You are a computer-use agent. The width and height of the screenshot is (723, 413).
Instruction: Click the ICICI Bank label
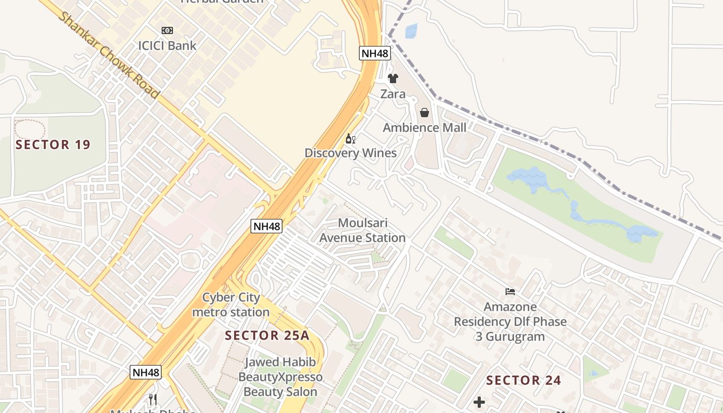pos(167,45)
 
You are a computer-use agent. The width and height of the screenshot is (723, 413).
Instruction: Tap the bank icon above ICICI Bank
pos(167,30)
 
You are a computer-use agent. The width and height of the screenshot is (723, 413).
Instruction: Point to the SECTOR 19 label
pos(53,145)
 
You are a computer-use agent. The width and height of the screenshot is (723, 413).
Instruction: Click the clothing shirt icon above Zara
pos(393,78)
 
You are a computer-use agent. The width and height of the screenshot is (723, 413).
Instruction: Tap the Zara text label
pos(393,94)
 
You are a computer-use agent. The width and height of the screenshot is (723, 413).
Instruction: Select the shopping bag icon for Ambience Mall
pos(425,113)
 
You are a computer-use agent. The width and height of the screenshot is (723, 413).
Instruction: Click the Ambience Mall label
pos(425,128)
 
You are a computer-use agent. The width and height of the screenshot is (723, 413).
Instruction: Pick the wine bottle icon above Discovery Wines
pos(351,138)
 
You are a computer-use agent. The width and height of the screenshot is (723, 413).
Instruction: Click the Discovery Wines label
pos(351,153)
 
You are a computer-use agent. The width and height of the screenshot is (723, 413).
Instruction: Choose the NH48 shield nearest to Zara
pos(375,53)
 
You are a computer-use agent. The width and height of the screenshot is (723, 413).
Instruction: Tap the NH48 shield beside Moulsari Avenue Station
pos(266,226)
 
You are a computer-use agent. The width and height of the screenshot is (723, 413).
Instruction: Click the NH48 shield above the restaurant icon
pos(146,372)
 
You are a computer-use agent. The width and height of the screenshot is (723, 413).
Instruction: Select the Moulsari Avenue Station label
pos(363,230)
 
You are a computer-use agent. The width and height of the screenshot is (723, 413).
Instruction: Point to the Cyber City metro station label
pos(231,305)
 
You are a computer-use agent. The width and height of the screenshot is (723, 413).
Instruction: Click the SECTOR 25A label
pos(267,336)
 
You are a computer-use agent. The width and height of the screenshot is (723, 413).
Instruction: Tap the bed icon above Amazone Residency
pos(510,292)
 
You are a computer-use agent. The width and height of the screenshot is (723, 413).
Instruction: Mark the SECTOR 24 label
pos(524,380)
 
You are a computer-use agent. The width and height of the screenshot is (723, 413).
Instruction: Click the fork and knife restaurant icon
pos(153,399)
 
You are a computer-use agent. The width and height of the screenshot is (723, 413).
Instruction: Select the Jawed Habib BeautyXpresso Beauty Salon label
pos(280,377)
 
